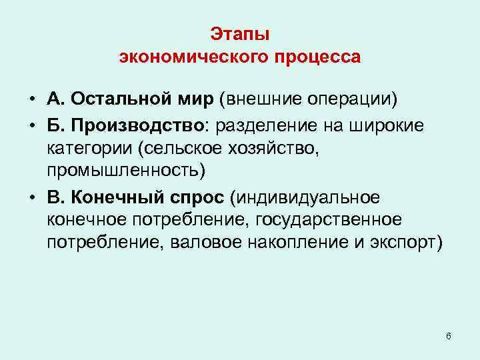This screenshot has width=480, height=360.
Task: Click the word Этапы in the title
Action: coord(239,33)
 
